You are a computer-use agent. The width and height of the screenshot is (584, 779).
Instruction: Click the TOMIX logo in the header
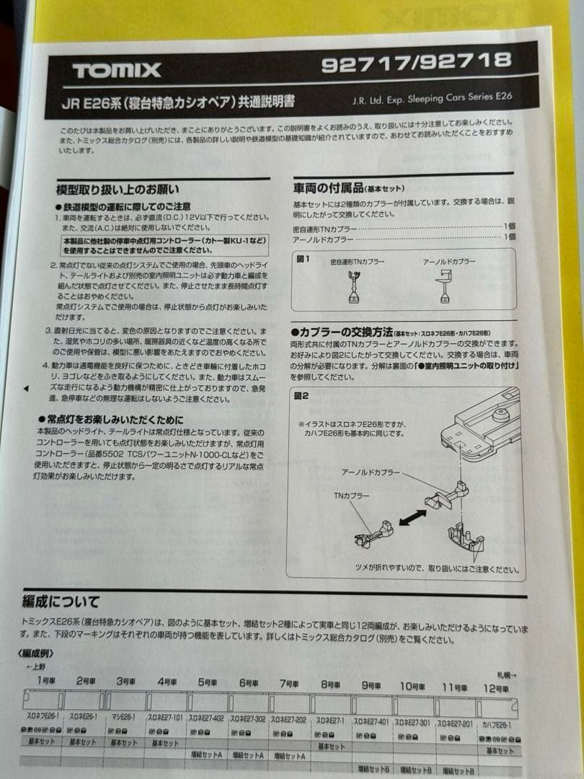116,71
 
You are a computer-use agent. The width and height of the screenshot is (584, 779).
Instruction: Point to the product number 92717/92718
416,63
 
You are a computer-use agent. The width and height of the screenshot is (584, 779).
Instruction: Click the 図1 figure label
303,258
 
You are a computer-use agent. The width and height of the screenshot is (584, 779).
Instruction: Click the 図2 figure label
301,395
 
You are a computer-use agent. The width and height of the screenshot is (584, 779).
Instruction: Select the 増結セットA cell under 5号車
207,754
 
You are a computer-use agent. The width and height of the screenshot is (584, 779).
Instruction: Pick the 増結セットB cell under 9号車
373,767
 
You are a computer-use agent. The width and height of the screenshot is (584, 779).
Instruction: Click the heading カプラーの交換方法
342,333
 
